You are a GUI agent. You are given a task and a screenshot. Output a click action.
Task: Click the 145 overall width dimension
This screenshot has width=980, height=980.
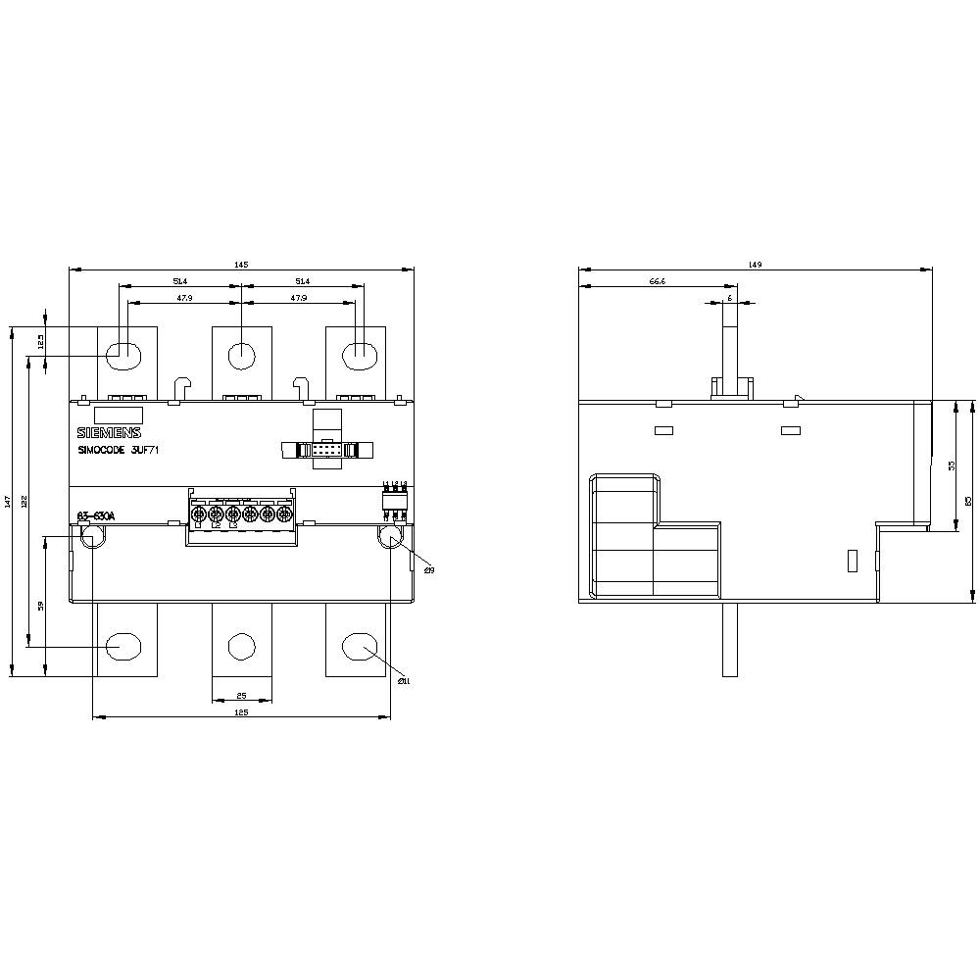(x=241, y=265)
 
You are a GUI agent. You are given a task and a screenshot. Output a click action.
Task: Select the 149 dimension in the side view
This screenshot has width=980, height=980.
(x=755, y=265)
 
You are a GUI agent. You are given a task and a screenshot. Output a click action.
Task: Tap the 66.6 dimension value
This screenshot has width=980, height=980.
(x=658, y=281)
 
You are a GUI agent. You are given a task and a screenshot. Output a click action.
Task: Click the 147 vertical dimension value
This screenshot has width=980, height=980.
(x=8, y=501)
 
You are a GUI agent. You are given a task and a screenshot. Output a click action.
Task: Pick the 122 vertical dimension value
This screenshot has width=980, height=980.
(x=24, y=501)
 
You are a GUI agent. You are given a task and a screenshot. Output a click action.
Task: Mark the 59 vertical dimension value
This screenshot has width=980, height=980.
(x=41, y=606)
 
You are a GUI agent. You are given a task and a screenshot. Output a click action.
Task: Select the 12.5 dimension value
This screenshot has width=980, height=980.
(x=41, y=341)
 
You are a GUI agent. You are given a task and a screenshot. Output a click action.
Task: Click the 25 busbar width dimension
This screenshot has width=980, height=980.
(x=241, y=697)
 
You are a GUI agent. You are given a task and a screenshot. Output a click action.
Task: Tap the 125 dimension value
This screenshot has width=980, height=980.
(x=241, y=712)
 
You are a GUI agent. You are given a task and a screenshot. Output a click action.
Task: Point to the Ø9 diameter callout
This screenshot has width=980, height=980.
(x=428, y=569)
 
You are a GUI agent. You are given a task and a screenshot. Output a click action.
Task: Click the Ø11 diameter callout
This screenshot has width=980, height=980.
(x=403, y=681)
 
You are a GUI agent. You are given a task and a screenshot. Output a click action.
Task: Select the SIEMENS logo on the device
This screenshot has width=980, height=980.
(x=109, y=433)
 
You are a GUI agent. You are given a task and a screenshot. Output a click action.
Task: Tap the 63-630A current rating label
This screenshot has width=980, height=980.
(x=96, y=516)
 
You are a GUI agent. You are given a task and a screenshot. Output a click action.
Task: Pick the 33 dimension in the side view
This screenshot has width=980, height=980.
(x=951, y=466)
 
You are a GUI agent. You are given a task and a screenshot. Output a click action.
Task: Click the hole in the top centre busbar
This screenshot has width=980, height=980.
(x=241, y=354)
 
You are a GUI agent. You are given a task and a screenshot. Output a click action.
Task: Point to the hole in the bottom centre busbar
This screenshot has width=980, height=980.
(x=241, y=646)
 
